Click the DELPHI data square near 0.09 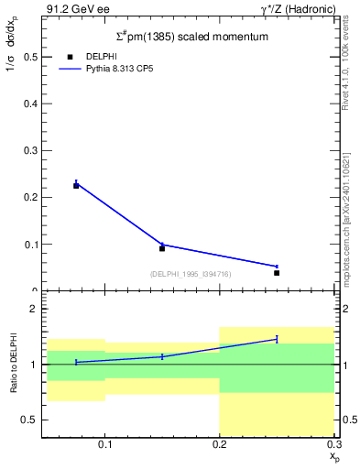[x=162, y=248]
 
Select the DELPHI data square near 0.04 [x=277, y=272]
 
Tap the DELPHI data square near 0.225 [x=76, y=185]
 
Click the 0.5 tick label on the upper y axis [x=30, y=57]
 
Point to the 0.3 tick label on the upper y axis [x=30, y=150]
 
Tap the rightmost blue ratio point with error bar [x=277, y=339]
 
